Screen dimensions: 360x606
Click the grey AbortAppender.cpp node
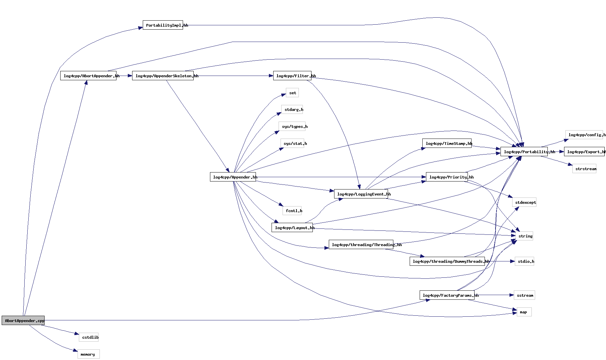[23, 320]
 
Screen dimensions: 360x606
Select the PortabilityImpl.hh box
[163, 25]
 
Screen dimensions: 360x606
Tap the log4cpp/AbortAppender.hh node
[88, 76]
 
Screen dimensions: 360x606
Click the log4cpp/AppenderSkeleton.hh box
[163, 76]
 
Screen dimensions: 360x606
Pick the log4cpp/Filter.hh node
[292, 76]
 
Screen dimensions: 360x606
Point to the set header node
[292, 93]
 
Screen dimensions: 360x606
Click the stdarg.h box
[292, 110]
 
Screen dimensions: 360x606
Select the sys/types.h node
[292, 127]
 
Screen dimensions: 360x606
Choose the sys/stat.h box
[292, 144]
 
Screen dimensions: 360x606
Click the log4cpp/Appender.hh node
[233, 177]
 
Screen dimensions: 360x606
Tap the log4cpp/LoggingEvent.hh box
[361, 194]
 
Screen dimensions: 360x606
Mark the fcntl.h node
[292, 211]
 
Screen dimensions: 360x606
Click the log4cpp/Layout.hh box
[292, 228]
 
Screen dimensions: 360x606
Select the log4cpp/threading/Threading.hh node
[361, 245]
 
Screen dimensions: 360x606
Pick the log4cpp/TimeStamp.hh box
[447, 144]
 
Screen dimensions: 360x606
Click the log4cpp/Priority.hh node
[447, 177]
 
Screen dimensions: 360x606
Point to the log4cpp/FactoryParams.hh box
[447, 295]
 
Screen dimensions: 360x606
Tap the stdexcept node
[524, 202]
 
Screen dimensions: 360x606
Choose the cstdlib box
[89, 337]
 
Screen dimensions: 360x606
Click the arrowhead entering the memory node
[75, 350]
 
